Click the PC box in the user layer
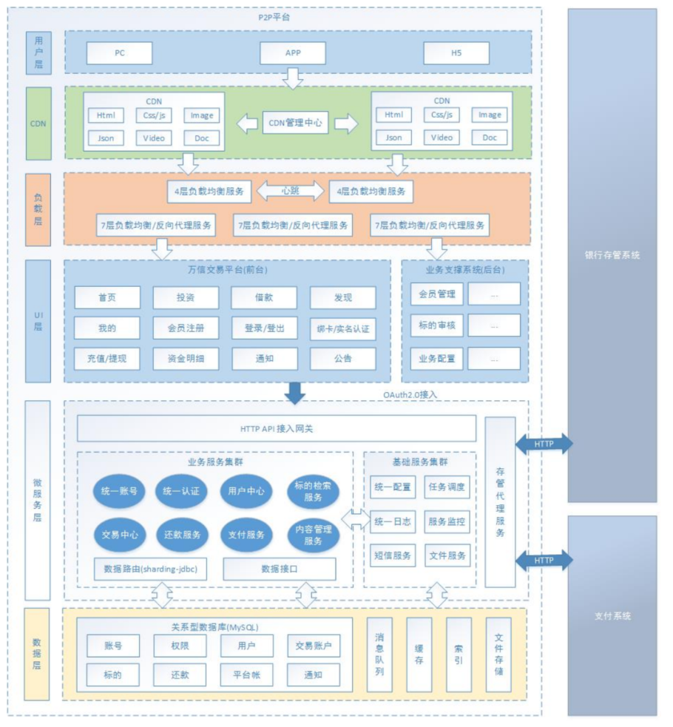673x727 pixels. [119, 53]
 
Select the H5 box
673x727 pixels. [456, 53]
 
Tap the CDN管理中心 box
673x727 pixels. [295, 124]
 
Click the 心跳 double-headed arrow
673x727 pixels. [290, 191]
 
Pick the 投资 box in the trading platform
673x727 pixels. [186, 297]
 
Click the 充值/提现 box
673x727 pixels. [106, 359]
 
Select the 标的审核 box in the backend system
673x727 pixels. [436, 325]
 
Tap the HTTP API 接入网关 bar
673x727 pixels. [277, 428]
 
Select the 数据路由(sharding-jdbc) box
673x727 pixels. [151, 569]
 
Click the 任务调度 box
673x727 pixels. [447, 487]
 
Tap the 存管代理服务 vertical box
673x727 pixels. [500, 502]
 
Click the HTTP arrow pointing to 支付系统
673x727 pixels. [544, 560]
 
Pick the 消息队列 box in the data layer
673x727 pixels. [379, 655]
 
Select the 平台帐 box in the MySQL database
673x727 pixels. [246, 674]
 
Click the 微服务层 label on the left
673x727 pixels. [38, 501]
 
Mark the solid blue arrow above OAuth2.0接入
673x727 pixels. [295, 393]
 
